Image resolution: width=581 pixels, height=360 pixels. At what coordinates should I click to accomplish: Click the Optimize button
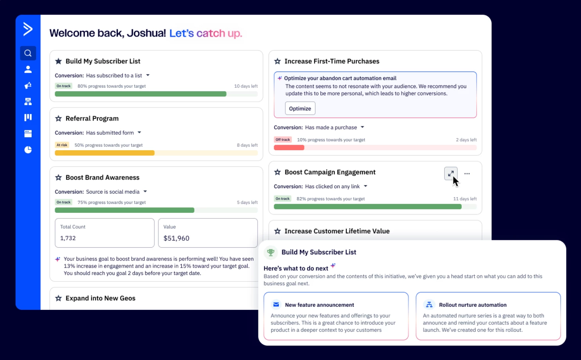pyautogui.click(x=300, y=108)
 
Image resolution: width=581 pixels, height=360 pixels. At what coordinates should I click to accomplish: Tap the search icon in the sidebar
pyautogui.click(x=28, y=53)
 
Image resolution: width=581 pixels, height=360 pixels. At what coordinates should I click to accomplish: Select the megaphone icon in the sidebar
pyautogui.click(x=28, y=85)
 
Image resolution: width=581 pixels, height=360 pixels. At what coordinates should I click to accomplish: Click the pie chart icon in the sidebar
pyautogui.click(x=28, y=150)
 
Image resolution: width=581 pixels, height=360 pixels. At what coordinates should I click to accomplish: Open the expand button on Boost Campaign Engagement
pyautogui.click(x=450, y=173)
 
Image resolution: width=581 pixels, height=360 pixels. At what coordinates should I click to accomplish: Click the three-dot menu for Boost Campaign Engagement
pyautogui.click(x=467, y=173)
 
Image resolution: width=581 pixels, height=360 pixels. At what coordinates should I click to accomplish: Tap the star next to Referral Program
pyautogui.click(x=59, y=119)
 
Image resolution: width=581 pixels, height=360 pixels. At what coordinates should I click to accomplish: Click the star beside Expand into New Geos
pyautogui.click(x=59, y=298)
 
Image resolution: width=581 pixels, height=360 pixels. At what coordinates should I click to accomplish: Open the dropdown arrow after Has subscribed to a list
pyautogui.click(x=148, y=75)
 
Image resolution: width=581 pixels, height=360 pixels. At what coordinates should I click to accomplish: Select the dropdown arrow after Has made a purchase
pyautogui.click(x=362, y=127)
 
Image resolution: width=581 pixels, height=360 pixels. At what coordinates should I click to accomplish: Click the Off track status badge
pyautogui.click(x=283, y=140)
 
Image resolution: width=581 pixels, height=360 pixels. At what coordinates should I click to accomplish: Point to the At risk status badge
pyautogui.click(x=62, y=145)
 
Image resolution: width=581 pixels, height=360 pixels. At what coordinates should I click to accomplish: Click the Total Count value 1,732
pyautogui.click(x=68, y=238)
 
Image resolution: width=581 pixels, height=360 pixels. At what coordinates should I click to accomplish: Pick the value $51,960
pyautogui.click(x=176, y=238)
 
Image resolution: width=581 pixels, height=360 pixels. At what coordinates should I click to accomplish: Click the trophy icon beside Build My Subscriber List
pyautogui.click(x=271, y=252)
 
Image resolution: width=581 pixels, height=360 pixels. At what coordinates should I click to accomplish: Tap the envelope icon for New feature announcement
pyautogui.click(x=276, y=304)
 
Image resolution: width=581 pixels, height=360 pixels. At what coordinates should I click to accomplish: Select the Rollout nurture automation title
pyautogui.click(x=473, y=305)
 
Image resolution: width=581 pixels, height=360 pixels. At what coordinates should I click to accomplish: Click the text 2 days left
pyautogui.click(x=466, y=140)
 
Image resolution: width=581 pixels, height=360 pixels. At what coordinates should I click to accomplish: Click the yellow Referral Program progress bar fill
pyautogui.click(x=104, y=153)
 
